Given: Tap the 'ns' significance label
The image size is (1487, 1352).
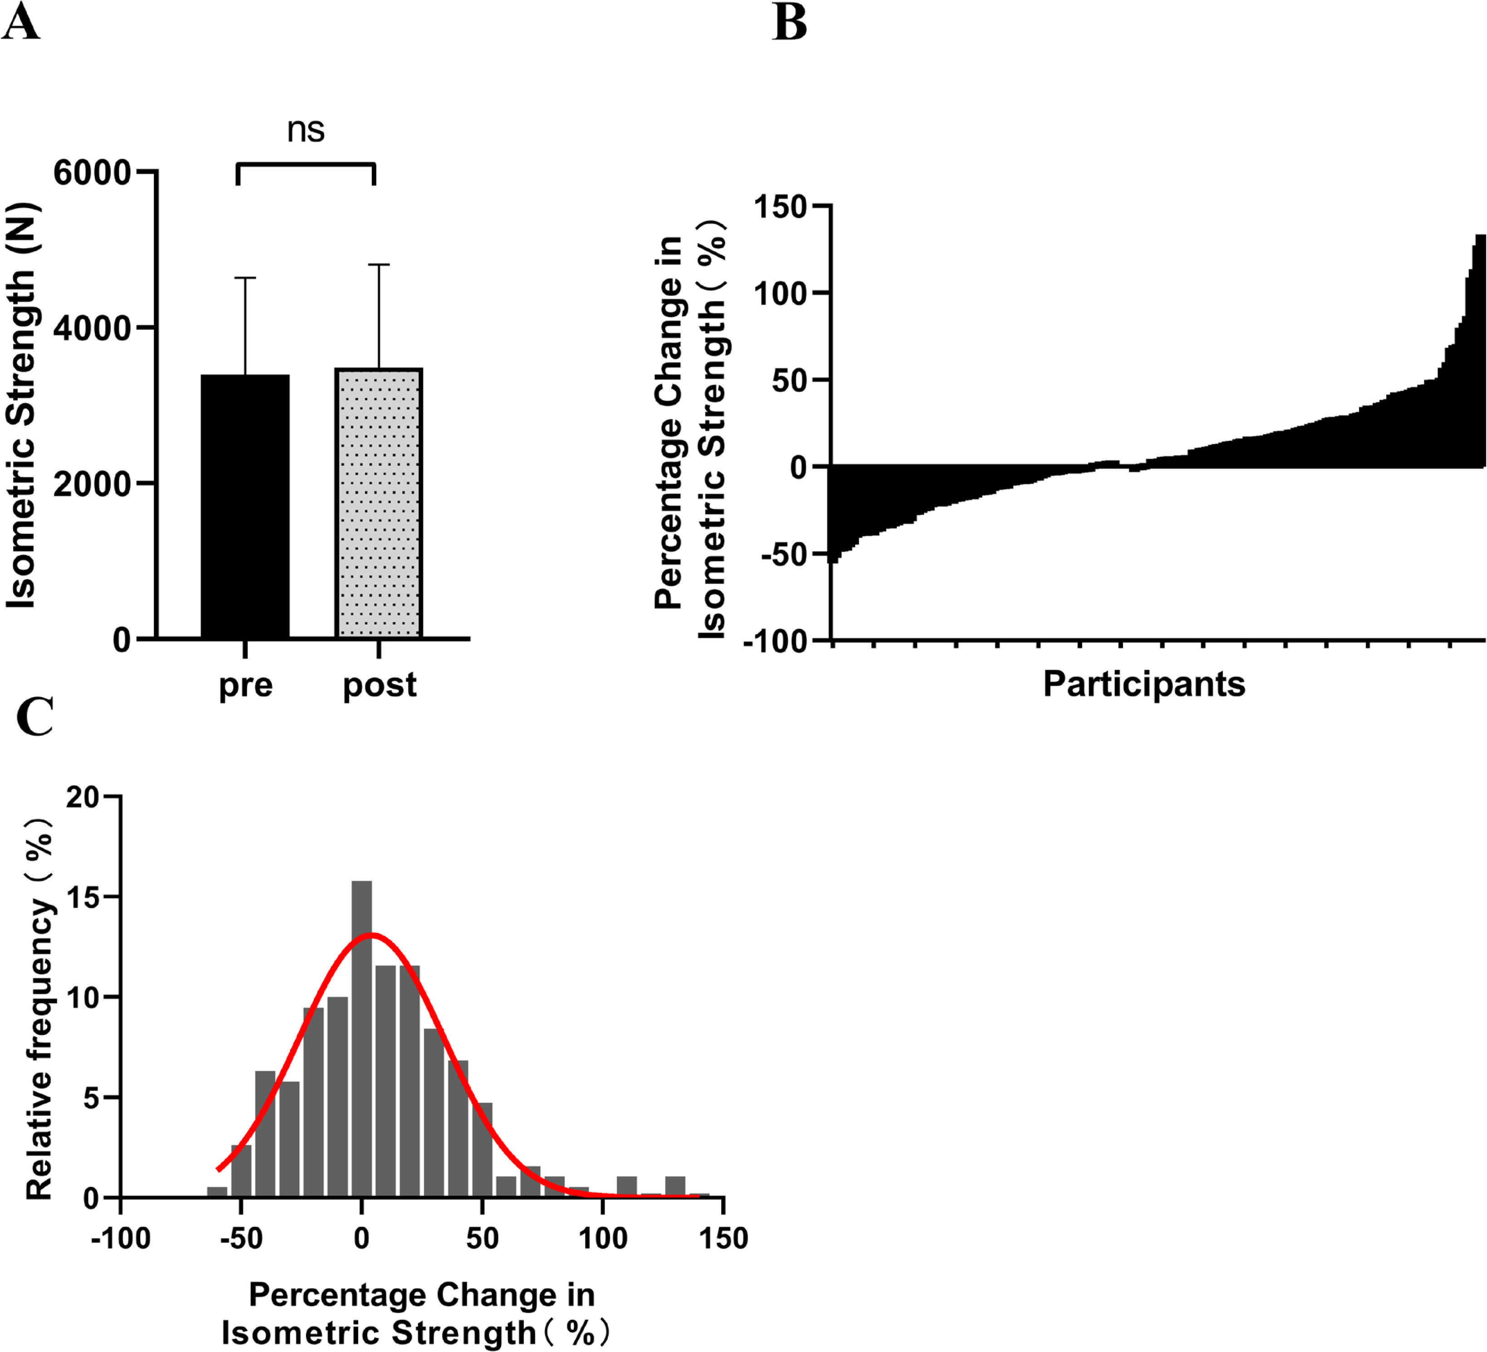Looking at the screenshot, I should point(305,130).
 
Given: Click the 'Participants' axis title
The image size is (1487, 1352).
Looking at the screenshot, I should point(1144,684).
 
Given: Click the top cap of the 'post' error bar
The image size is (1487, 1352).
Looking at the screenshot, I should point(379,264).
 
